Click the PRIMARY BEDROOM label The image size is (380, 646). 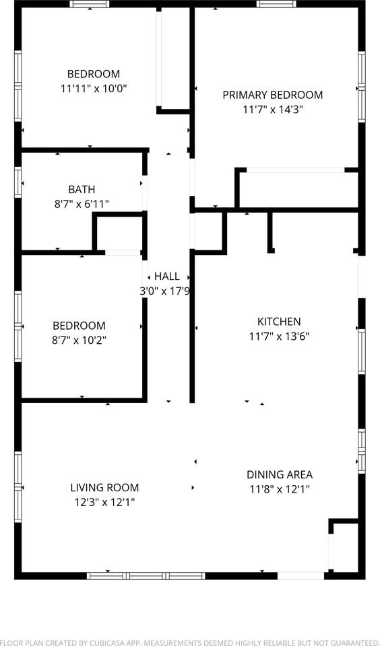273,95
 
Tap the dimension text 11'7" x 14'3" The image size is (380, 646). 273,109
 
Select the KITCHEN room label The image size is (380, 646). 279,322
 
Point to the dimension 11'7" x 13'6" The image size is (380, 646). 279,336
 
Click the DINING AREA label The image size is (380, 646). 279,474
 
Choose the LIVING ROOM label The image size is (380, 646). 104,488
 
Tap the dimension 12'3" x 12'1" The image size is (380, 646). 104,502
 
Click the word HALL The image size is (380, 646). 167,277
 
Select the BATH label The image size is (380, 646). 82,190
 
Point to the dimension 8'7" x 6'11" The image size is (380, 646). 82,204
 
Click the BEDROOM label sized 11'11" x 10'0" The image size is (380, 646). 93,74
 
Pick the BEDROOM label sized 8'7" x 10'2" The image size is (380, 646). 80,326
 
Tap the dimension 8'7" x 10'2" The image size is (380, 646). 80,340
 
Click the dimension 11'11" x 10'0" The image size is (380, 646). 93,88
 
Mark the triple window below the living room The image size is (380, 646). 146,575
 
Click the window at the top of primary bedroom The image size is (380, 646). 276,4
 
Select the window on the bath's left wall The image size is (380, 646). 18,182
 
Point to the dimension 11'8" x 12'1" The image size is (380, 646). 279,489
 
